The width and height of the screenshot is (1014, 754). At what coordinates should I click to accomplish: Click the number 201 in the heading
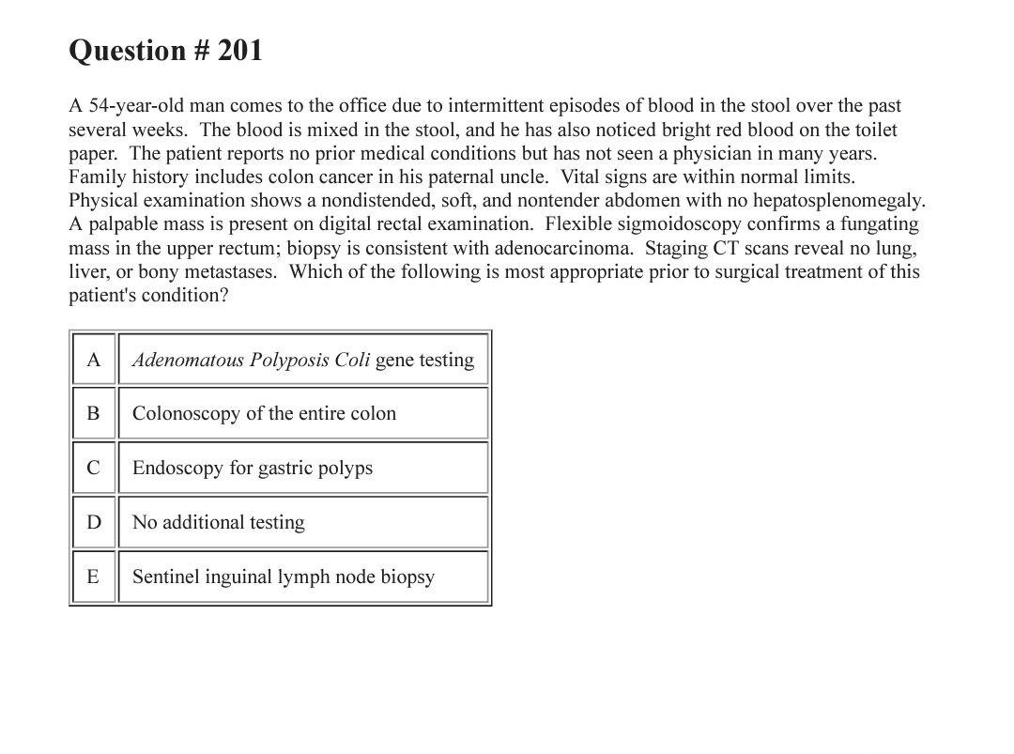239,51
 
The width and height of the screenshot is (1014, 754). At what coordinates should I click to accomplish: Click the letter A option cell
93,360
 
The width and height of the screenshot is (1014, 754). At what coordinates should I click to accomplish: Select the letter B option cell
93,414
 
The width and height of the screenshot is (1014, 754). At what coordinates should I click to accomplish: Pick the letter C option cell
93,468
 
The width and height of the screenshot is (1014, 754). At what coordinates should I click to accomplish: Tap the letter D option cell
93,522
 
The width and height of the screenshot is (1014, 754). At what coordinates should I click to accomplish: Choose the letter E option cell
93,577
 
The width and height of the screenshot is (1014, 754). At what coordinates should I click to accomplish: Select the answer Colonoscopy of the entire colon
264,414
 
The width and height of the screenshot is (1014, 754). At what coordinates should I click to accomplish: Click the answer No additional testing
219,522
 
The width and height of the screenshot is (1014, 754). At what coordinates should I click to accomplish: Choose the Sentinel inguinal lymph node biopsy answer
284,577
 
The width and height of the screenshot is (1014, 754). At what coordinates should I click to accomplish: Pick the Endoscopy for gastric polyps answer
253,468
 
